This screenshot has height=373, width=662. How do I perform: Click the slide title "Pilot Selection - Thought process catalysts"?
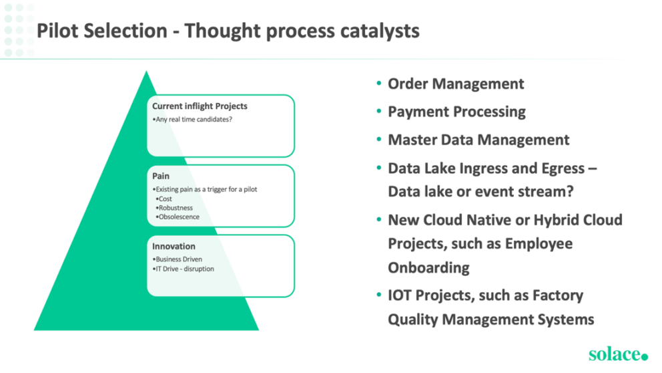pyautogui.click(x=228, y=31)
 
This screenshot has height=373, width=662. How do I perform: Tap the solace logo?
pyautogui.click(x=618, y=354)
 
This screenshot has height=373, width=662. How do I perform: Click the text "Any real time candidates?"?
pyautogui.click(x=194, y=119)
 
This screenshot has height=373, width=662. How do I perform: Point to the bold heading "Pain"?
pyautogui.click(x=160, y=176)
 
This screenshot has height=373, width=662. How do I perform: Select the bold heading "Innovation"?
pyautogui.click(x=174, y=247)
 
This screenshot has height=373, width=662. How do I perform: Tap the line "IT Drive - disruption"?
pyautogui.click(x=184, y=269)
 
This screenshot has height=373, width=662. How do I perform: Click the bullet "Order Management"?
pyautogui.click(x=456, y=84)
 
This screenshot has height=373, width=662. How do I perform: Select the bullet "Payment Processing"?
pyautogui.click(x=456, y=112)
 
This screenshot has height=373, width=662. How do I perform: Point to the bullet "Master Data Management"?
pyautogui.click(x=478, y=140)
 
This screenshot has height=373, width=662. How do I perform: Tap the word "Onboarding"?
pyautogui.click(x=428, y=267)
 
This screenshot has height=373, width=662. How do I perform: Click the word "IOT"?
pyautogui.click(x=403, y=295)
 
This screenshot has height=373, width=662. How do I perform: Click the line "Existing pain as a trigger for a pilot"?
pyautogui.click(x=205, y=189)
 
